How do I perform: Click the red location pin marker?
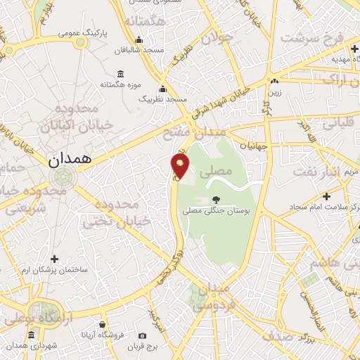[181, 166]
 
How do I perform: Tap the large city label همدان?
[71, 160]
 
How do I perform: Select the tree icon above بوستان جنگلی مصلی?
[215, 200]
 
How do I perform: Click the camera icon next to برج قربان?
[143, 335]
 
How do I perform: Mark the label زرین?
[274, 92]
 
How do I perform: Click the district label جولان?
[216, 39]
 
